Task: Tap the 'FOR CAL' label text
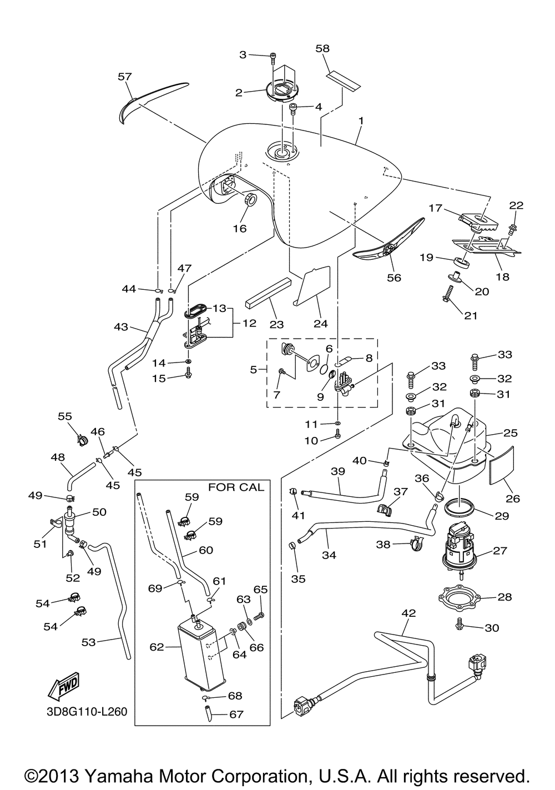[236, 487]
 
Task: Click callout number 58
[322, 48]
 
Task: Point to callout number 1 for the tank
[361, 120]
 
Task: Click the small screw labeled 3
[274, 58]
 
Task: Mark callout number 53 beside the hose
[88, 642]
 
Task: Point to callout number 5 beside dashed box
[253, 370]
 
